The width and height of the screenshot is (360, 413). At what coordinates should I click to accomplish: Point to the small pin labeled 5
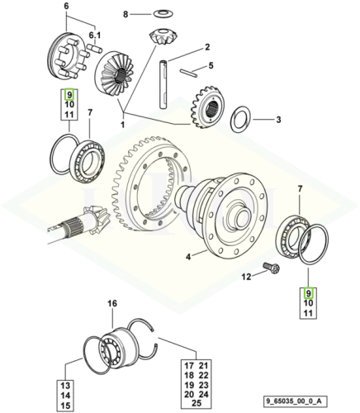point(187,72)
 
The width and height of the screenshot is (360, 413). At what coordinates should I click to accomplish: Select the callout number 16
point(114,305)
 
